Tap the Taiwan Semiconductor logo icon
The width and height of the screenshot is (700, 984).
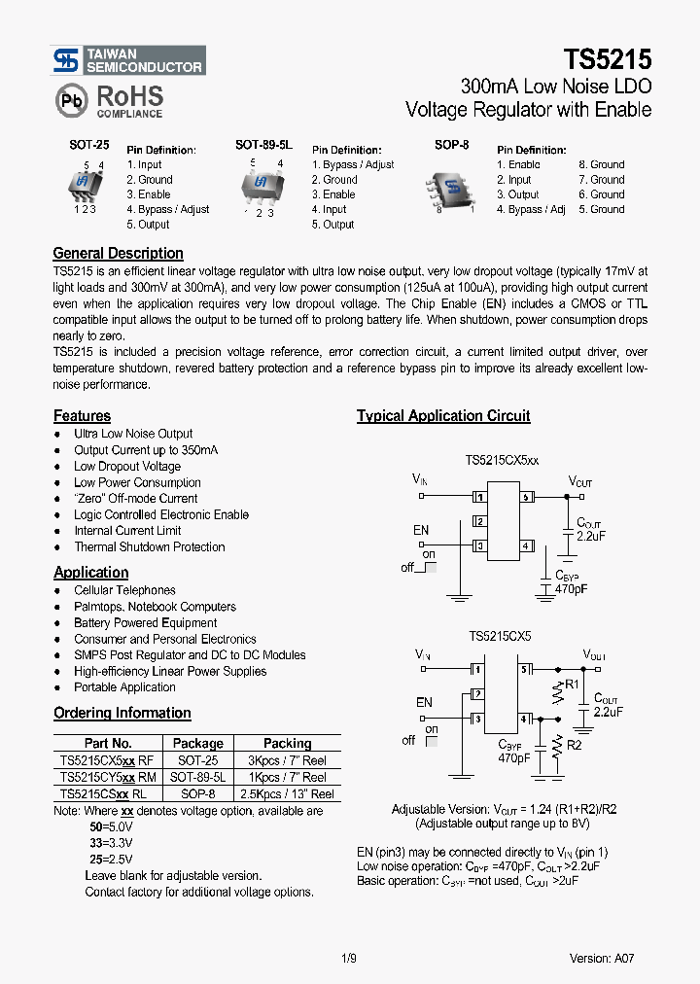click(x=66, y=60)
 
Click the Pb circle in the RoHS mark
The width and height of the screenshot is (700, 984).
click(x=71, y=101)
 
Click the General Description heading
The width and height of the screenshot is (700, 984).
click(x=118, y=254)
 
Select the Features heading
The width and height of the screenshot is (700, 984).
click(x=82, y=416)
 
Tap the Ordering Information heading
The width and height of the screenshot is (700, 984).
click(x=122, y=713)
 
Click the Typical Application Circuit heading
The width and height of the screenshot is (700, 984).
click(x=443, y=416)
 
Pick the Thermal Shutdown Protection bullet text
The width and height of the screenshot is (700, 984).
click(x=149, y=547)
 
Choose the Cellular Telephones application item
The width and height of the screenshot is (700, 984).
click(x=124, y=590)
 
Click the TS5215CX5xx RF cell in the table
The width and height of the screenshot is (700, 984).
click(x=106, y=760)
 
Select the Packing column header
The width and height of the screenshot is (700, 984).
click(x=287, y=744)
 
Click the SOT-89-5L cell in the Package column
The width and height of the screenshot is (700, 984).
click(x=197, y=777)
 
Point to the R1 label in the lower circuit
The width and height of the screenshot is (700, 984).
click(x=573, y=685)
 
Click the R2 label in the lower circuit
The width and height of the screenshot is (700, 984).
click(x=574, y=745)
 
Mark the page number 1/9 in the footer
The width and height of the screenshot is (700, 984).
click(x=350, y=958)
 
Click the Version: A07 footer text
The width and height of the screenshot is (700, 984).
click(x=602, y=958)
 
